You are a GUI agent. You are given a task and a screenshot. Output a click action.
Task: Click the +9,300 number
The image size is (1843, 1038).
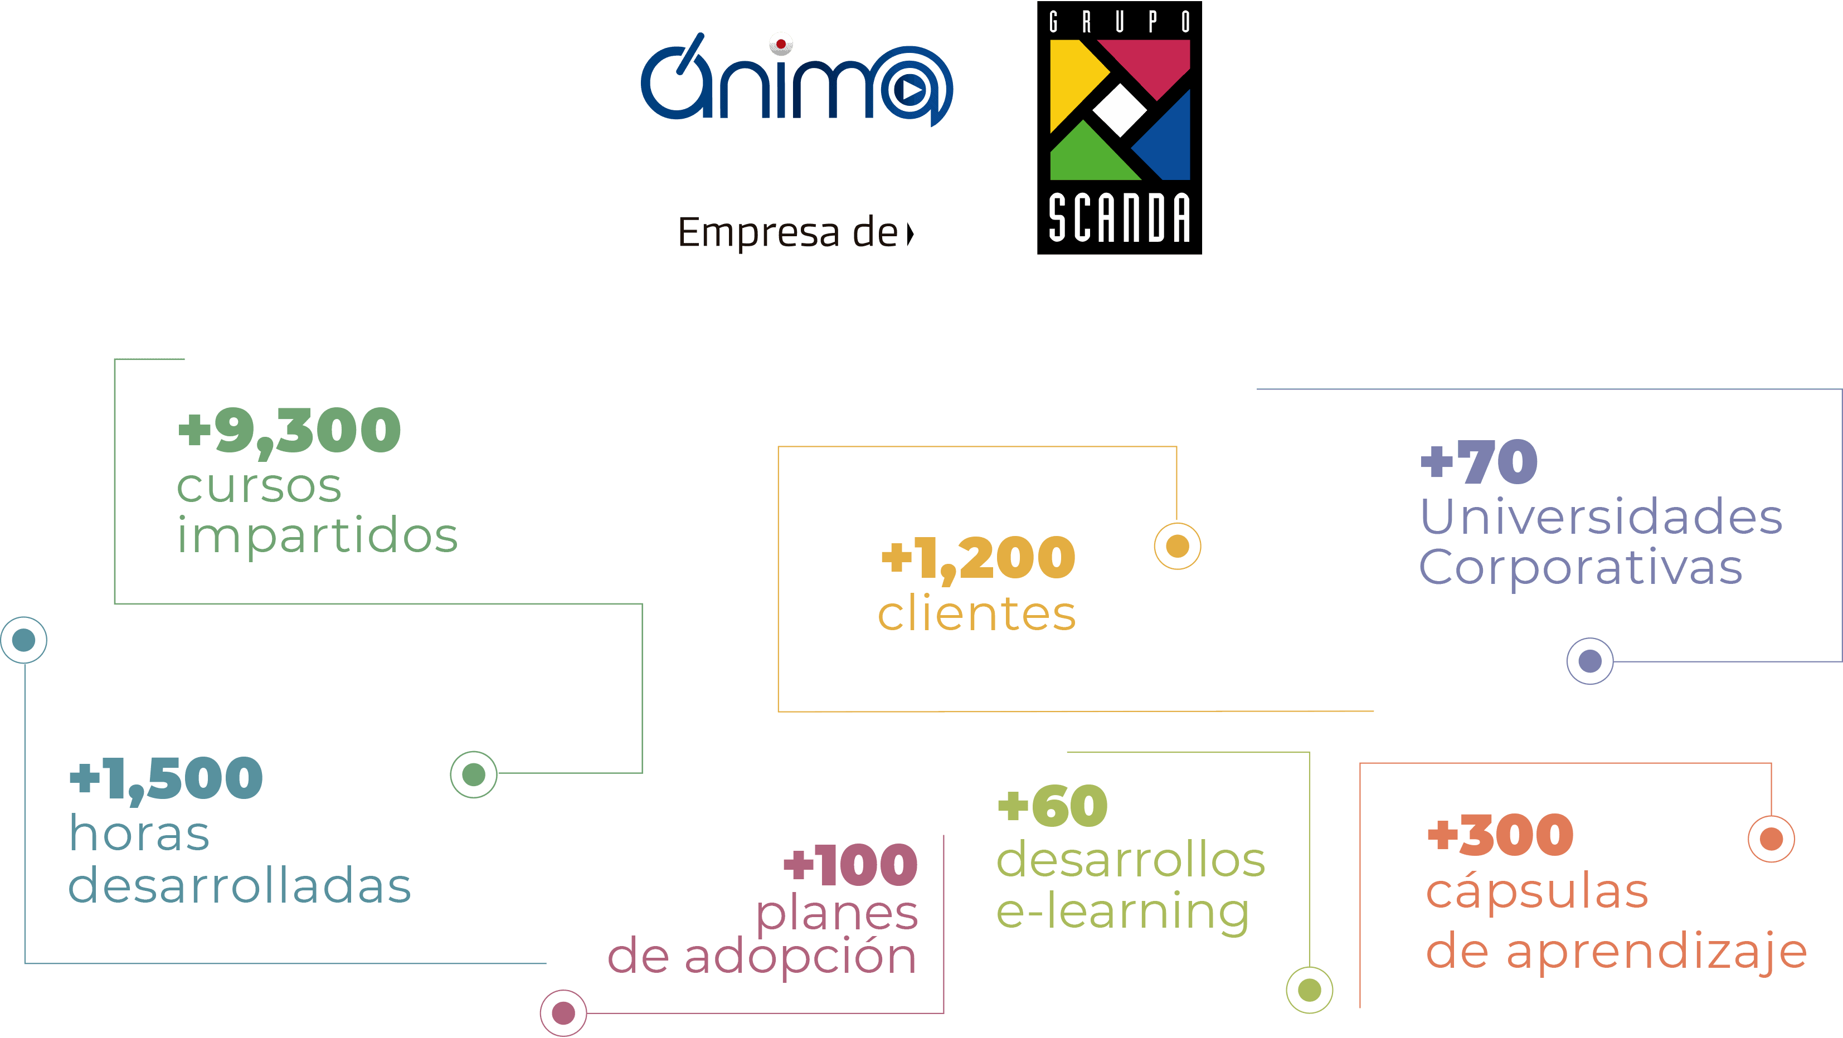click(x=290, y=431)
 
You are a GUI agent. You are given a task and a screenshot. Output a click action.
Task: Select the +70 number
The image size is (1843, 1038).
click(x=1479, y=462)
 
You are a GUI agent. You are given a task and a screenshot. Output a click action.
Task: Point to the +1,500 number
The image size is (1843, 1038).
click(x=166, y=778)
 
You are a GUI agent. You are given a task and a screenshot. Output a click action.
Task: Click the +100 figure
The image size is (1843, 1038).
click(x=850, y=864)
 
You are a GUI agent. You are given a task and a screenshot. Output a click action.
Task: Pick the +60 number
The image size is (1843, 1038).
click(x=1052, y=806)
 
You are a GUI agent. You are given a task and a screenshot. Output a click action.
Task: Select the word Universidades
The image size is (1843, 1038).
click(x=1601, y=516)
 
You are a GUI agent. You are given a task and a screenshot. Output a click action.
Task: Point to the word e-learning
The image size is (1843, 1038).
click(x=1122, y=912)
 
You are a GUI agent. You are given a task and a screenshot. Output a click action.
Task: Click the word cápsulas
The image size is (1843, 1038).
click(x=1537, y=892)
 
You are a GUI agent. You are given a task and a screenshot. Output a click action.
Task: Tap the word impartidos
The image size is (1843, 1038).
click(x=317, y=537)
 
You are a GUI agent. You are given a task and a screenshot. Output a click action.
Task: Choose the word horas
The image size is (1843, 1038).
click(x=139, y=834)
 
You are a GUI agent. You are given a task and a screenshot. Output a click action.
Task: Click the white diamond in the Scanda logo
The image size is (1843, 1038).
click(x=1120, y=109)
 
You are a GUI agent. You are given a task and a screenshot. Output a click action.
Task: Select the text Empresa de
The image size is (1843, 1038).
click(x=787, y=232)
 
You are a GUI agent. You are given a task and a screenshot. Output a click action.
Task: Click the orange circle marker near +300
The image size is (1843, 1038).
click(x=1772, y=839)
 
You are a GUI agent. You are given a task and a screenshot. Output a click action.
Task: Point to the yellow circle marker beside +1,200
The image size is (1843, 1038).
click(x=1178, y=547)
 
